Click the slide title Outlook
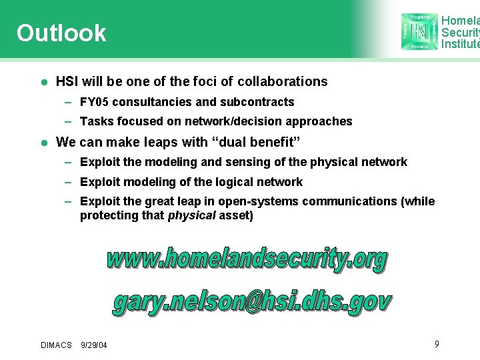click(61, 33)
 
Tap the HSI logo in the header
click(419, 31)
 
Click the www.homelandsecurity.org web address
click(247, 259)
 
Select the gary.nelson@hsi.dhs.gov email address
click(251, 302)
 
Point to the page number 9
click(437, 343)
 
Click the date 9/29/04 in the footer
click(94, 345)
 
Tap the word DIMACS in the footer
click(56, 345)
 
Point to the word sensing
click(272, 162)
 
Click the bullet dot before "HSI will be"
click(43, 82)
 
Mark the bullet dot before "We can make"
click(43, 142)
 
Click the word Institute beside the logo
click(460, 44)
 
